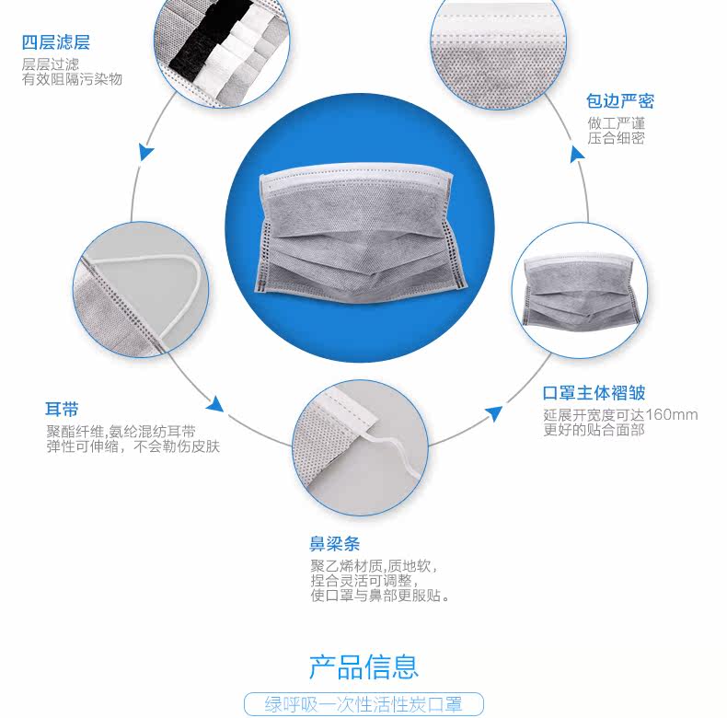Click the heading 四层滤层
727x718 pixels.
56,42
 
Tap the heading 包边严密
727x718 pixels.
620,101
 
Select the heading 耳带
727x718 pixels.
62,409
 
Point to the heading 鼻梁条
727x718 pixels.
334,543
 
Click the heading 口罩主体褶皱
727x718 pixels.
594,393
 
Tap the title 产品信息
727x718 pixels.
363,666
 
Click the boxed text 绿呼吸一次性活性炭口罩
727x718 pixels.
363,705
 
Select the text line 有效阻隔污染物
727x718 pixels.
72,79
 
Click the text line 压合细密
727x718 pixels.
616,138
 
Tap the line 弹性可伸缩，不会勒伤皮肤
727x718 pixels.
133,446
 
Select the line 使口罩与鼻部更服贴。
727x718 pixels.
380,596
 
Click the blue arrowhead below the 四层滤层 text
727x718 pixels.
145,152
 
